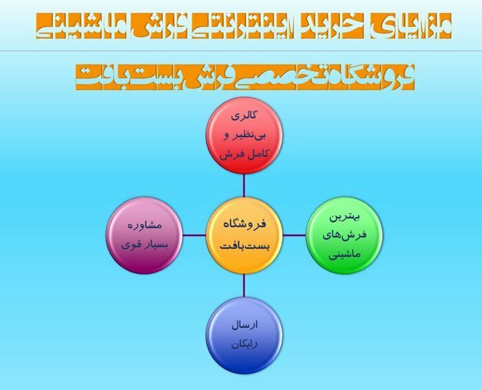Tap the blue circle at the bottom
click(243, 333)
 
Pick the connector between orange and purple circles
click(196, 235)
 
